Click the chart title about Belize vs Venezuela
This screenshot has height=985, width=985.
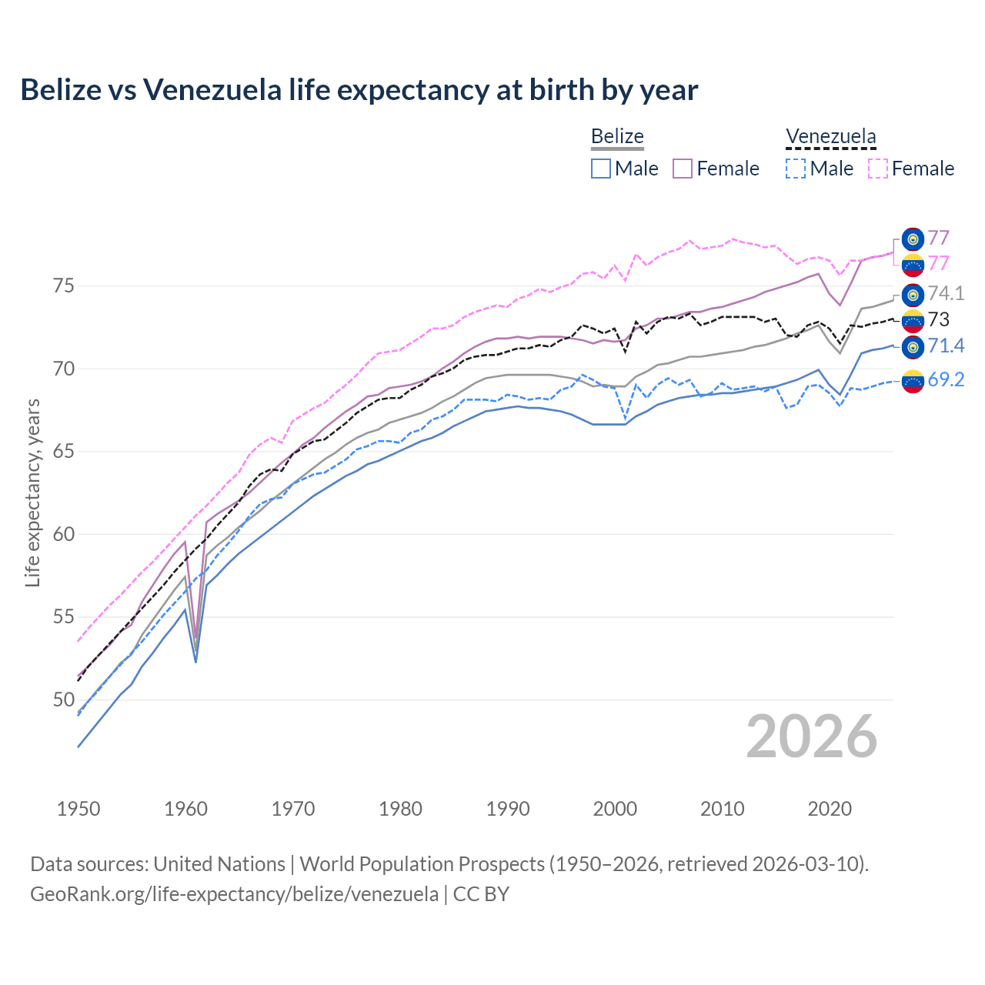[359, 90]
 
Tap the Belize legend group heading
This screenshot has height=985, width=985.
[617, 136]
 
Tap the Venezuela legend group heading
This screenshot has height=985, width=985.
[830, 136]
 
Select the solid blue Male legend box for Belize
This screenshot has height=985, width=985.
[601, 169]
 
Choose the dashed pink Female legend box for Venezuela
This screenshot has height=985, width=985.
[878, 169]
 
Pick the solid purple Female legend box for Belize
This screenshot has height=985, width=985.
[683, 169]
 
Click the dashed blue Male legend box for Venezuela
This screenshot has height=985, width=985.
[796, 169]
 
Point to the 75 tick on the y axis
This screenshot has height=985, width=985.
[64, 286]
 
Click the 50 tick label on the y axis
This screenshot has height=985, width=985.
[64, 700]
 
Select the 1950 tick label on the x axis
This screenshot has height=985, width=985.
[78, 809]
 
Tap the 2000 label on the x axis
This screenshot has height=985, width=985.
[615, 809]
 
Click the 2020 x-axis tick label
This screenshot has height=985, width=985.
[830, 809]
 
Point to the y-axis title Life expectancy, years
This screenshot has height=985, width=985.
[32, 492]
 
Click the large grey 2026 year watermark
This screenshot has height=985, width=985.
[812, 736]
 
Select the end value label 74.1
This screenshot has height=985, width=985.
[946, 294]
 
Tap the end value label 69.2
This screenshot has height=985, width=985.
[946, 379]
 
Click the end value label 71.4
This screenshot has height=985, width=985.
[946, 346]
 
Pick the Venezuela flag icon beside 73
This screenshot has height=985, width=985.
[913, 320]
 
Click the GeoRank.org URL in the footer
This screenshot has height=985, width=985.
[234, 894]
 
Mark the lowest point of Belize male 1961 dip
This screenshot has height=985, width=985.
[195, 662]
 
